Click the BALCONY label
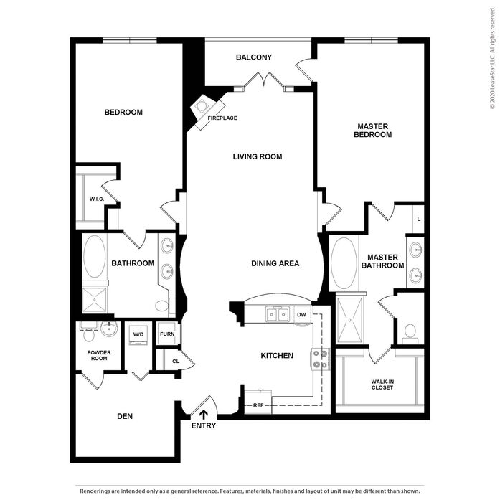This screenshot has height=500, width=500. click(x=254, y=57)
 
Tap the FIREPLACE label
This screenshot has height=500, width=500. click(x=222, y=118)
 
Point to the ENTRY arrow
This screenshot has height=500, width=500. click(x=204, y=414)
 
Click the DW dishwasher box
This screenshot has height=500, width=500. click(x=302, y=315)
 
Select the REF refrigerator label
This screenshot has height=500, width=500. click(x=258, y=405)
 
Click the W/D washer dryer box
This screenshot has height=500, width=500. click(x=138, y=335)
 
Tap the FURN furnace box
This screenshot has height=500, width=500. click(x=167, y=334)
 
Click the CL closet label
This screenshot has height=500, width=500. click(x=176, y=362)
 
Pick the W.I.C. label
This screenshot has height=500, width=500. click(x=97, y=199)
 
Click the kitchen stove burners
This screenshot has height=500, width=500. click(x=321, y=359)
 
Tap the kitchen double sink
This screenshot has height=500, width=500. click(x=278, y=315)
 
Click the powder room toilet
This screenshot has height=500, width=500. click(x=89, y=331)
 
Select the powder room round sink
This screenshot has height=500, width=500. click(x=109, y=328)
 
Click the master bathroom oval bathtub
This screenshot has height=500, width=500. click(x=344, y=263)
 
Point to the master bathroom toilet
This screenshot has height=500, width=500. click(x=410, y=334)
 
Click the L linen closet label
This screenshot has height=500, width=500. click(x=419, y=220)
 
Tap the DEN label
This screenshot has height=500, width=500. click(x=125, y=416)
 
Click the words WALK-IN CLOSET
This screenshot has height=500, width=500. click(x=382, y=385)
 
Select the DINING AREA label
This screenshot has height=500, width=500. click(x=275, y=263)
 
